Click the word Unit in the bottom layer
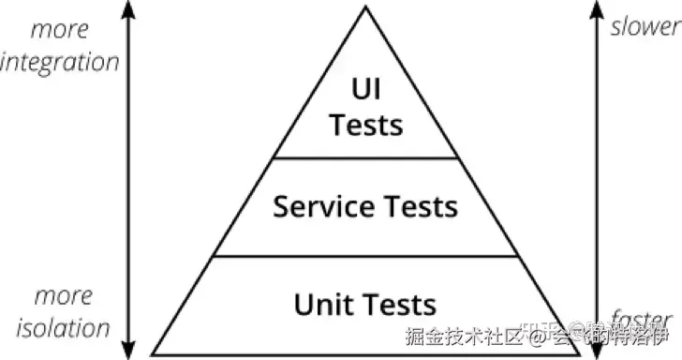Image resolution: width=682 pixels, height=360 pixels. coord(321,305)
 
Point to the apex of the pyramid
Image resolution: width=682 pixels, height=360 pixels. coord(366,7)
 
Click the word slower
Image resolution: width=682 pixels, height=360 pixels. coord(644,26)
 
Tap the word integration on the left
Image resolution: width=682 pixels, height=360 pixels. coord(60,63)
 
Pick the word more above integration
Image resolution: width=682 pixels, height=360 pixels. coord(60,29)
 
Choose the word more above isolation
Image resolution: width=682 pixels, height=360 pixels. coord(64,296)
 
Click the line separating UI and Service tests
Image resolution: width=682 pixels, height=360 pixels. coord(366,157)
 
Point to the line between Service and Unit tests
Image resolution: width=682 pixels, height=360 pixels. coord(366,256)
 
